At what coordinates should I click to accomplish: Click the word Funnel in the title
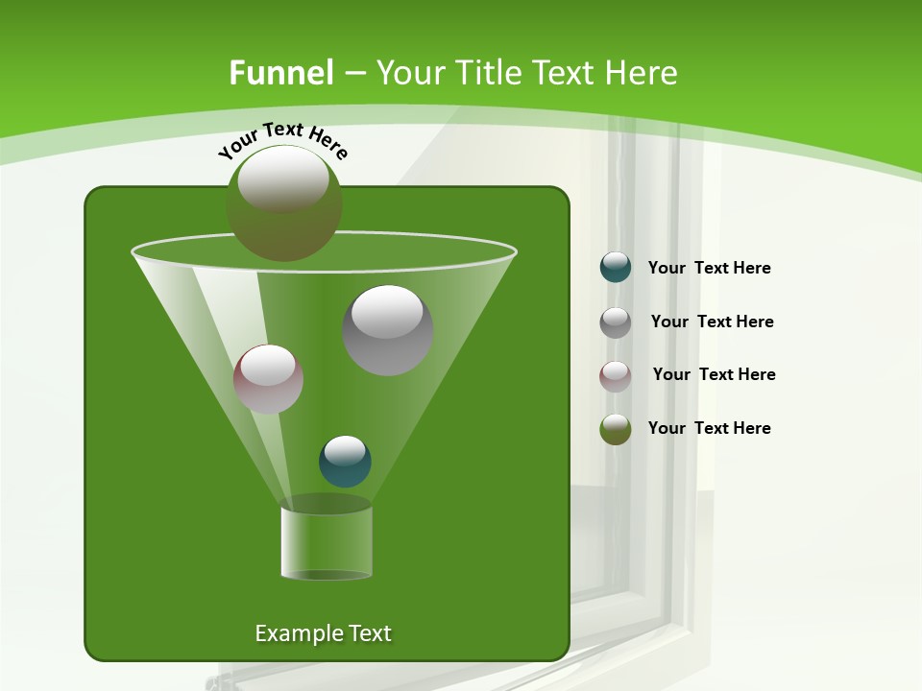tap(280, 73)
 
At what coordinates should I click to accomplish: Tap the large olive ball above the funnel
tap(283, 203)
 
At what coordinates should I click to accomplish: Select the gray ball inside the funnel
tap(387, 330)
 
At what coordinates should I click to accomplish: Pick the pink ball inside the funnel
tap(268, 379)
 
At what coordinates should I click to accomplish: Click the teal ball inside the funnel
tap(345, 462)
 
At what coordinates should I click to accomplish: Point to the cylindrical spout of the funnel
tap(326, 541)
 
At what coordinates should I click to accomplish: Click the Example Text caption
tap(323, 633)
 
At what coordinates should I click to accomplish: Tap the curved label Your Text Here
tap(282, 138)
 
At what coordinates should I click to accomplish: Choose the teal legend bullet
tap(616, 268)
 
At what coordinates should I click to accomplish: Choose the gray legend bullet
tap(616, 322)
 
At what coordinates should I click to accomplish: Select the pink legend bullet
tap(616, 376)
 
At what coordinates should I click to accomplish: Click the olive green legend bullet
tap(616, 429)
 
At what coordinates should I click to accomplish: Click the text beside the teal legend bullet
tap(709, 269)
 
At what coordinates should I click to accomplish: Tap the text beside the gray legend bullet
tap(712, 322)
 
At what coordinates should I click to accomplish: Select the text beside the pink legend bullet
tap(714, 375)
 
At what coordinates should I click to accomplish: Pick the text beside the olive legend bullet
tap(709, 429)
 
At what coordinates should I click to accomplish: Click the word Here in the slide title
tap(643, 73)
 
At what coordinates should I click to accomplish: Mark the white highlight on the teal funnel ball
tap(345, 449)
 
